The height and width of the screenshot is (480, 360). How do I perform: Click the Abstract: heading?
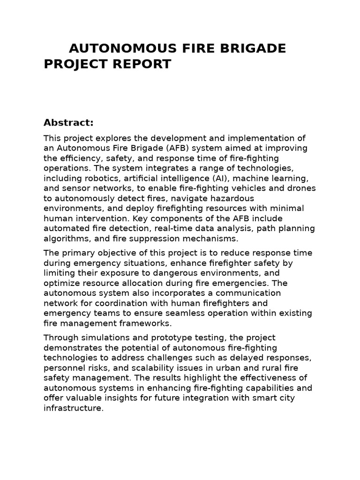point(69,123)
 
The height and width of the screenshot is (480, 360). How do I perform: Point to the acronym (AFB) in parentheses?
point(172,148)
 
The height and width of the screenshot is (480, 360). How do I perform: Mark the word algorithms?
point(66,239)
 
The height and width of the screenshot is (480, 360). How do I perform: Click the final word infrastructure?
point(73,408)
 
